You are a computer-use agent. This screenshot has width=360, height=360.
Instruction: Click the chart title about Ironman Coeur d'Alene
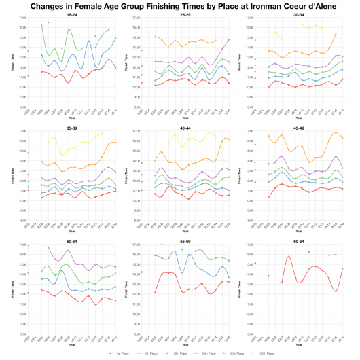(180, 5)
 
